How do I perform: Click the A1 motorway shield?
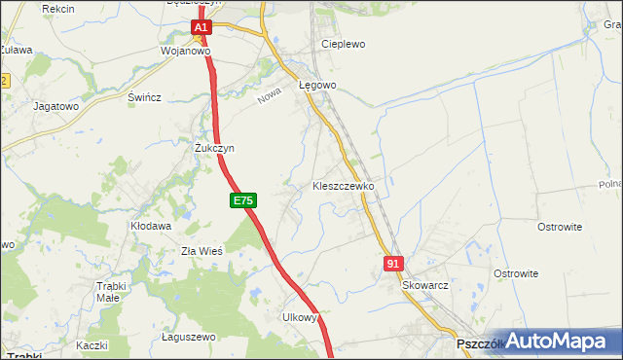click(x=201, y=29)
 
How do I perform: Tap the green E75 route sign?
click(x=243, y=200)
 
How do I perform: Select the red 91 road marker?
click(x=393, y=264)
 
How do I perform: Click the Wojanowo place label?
click(x=186, y=52)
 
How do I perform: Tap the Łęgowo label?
click(x=317, y=85)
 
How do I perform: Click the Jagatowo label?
click(x=55, y=106)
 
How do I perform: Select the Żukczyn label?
click(x=214, y=148)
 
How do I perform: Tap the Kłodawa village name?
click(x=151, y=226)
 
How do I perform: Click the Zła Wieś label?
click(x=202, y=250)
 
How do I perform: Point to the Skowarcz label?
click(x=424, y=286)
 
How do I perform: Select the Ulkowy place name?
click(x=300, y=317)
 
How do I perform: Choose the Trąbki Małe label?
click(x=121, y=292)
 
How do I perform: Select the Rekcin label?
click(x=59, y=8)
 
